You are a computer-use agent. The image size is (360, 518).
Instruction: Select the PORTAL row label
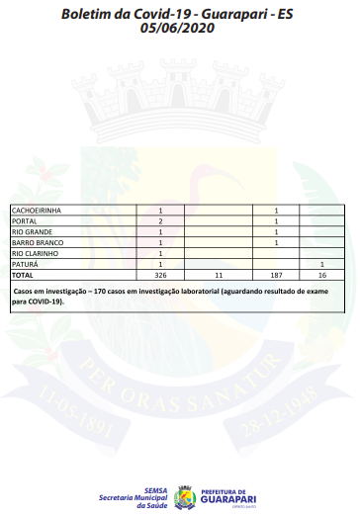(x=24, y=221)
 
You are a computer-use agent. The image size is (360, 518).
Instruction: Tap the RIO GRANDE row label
(x=30, y=232)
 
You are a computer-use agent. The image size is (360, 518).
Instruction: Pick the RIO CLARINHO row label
(x=34, y=253)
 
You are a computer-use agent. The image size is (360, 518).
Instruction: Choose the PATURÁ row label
(x=25, y=264)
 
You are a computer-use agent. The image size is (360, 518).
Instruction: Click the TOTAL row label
(x=22, y=275)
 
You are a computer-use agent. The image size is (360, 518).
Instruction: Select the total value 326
(x=160, y=275)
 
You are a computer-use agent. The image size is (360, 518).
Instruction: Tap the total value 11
(x=218, y=275)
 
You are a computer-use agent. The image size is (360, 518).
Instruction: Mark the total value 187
(x=276, y=275)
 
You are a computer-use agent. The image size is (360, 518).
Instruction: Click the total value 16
(x=322, y=275)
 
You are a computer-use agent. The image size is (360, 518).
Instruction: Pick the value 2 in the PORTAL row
(x=160, y=221)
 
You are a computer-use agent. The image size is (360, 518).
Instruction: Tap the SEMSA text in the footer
(x=154, y=488)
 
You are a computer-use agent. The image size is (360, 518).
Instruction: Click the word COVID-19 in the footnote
(x=45, y=302)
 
